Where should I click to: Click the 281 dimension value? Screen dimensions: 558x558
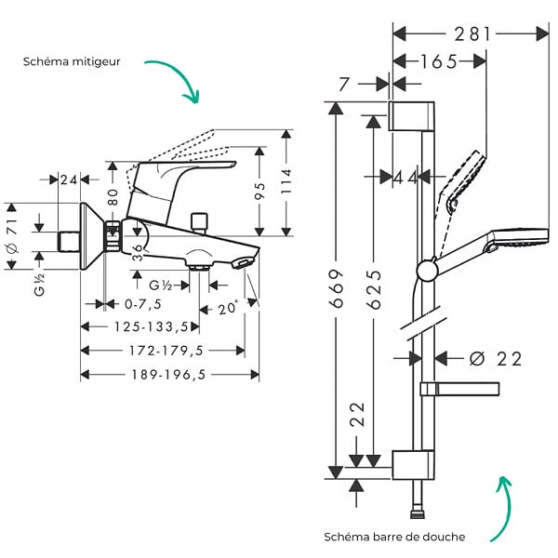pos(472,34)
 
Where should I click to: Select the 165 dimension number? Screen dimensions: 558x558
pos(438,62)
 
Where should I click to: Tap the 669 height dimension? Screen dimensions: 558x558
pos(337,288)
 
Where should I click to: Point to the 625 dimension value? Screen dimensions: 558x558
pos(374,289)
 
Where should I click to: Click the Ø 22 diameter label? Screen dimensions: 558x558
pos(496,359)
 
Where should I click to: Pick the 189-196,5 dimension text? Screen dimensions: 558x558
pos(168,375)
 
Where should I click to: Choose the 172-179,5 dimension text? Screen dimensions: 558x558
pos(166,351)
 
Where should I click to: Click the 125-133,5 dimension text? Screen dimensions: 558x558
pos(151,326)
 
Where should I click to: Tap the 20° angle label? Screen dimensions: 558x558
pos(228,308)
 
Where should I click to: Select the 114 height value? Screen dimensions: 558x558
pos(286,181)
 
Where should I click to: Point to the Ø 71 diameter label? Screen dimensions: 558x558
pos(12,236)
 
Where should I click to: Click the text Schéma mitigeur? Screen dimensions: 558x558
pos(72,61)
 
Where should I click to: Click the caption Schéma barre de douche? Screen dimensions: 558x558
pos(394,537)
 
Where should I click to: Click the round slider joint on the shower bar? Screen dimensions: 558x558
pos(427,271)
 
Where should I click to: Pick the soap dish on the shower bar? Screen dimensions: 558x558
pos(459,389)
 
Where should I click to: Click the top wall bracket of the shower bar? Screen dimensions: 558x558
pos(411,116)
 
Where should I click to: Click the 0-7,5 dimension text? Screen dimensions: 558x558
pos(142,304)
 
